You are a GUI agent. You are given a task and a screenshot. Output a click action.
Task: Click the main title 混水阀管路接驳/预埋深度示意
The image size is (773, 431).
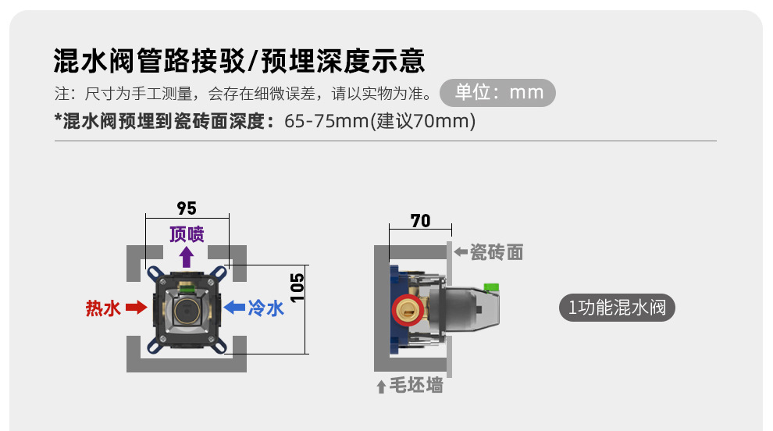pyautogui.click(x=239, y=59)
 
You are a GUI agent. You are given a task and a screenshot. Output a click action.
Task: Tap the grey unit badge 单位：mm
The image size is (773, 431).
pyautogui.click(x=497, y=93)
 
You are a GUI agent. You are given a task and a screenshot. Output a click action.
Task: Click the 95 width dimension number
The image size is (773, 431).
pyautogui.click(x=187, y=208)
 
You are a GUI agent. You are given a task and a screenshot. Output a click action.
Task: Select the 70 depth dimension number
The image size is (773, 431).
pyautogui.click(x=420, y=221)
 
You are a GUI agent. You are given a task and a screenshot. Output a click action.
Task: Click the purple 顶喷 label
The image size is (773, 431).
pyautogui.click(x=187, y=234)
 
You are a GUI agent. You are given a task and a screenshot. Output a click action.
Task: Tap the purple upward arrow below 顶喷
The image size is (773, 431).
pyautogui.click(x=187, y=257)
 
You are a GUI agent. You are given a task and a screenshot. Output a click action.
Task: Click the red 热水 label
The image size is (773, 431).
pyautogui.click(x=103, y=308)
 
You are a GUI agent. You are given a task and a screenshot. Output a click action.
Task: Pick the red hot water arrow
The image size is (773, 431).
pyautogui.click(x=136, y=308)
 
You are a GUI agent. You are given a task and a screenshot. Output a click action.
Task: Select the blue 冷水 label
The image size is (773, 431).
pyautogui.click(x=265, y=308)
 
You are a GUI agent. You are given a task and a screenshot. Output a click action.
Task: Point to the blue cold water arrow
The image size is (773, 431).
pyautogui.click(x=233, y=308)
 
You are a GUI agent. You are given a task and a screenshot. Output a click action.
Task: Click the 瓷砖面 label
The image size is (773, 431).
pyautogui.click(x=497, y=252)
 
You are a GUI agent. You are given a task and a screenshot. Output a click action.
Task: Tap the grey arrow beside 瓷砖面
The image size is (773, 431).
pyautogui.click(x=461, y=252)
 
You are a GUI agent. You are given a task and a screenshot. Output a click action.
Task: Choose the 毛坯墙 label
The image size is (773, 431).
pyautogui.click(x=417, y=385)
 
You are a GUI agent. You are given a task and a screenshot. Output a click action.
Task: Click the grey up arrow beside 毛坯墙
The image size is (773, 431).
pyautogui.click(x=381, y=386)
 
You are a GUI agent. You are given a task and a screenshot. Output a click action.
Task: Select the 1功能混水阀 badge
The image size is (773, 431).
pyautogui.click(x=616, y=308)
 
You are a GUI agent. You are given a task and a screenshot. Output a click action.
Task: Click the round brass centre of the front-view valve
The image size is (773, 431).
pyautogui.click(x=186, y=311)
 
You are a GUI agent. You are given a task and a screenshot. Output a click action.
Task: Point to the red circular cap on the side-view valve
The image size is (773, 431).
pyautogui.click(x=406, y=311)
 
